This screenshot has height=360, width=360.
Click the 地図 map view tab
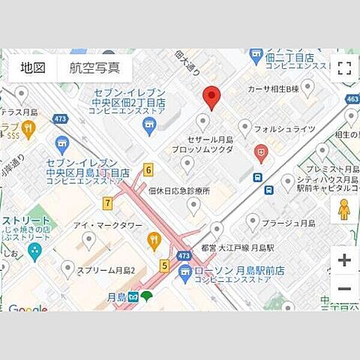point(33,67)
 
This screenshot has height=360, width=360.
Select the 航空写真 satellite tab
point(94,67)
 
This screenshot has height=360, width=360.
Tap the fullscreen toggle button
point(344,69)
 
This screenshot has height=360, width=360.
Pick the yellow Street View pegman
point(344,210)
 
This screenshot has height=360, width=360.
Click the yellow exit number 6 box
point(148,169)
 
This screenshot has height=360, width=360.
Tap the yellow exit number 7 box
point(109,202)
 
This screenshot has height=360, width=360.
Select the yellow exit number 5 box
point(164,265)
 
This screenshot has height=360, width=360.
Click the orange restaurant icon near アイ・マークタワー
point(154,240)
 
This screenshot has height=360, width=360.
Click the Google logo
point(27,308)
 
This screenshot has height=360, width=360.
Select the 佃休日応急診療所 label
point(179,190)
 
